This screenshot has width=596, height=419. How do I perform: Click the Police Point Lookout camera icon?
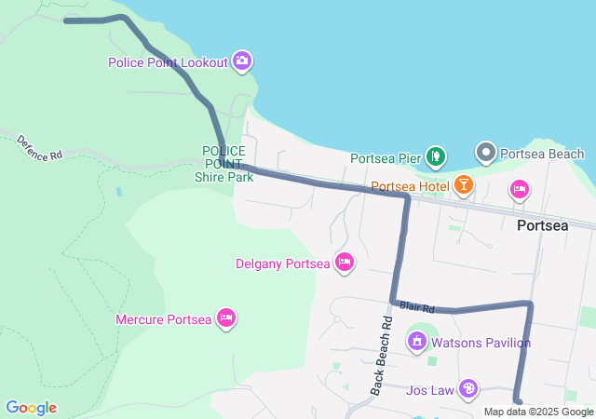(242, 61)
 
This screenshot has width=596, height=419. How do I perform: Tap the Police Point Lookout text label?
(168, 62)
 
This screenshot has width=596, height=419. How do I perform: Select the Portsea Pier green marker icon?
(434, 156)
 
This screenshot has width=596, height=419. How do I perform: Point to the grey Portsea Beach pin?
(485, 152)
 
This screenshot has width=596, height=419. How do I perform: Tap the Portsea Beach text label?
(542, 154)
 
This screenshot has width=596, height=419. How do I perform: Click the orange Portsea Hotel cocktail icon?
(463, 186)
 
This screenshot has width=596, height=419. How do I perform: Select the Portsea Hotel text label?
(410, 186)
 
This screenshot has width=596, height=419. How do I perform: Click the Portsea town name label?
(542, 225)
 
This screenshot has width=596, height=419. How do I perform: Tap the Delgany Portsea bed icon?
(344, 263)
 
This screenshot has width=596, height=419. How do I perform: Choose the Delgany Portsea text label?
(283, 264)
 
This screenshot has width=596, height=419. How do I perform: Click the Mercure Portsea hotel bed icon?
(225, 319)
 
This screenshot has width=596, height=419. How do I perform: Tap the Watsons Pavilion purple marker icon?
(417, 342)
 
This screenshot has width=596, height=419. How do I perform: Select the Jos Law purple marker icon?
(468, 389)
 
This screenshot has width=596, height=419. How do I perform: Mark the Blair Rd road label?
(417, 306)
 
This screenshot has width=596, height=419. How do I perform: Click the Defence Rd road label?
(40, 147)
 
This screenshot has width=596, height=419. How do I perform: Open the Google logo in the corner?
(31, 408)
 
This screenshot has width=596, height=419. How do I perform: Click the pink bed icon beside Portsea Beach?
(520, 190)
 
